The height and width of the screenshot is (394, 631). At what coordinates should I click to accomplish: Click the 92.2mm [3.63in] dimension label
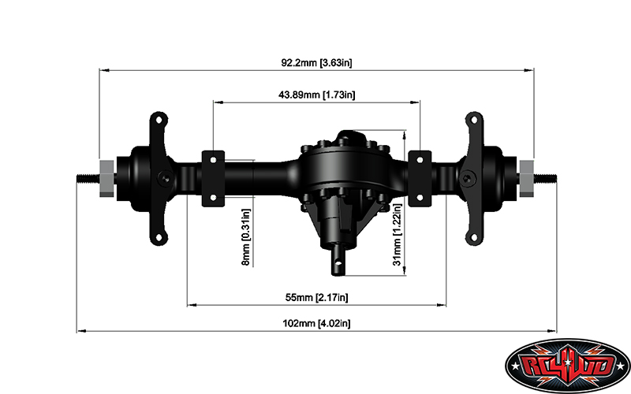point(315,61)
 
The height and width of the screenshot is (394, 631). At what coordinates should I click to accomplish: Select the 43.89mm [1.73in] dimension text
point(316,95)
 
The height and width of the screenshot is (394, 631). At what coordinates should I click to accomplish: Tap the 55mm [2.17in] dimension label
point(316,297)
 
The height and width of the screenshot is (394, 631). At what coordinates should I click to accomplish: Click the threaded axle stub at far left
point(87,177)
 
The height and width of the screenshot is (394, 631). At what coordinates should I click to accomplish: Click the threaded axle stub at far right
point(546,177)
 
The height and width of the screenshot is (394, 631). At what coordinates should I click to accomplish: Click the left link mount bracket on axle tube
point(214,177)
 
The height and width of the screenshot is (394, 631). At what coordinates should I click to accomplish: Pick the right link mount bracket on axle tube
point(419,177)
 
